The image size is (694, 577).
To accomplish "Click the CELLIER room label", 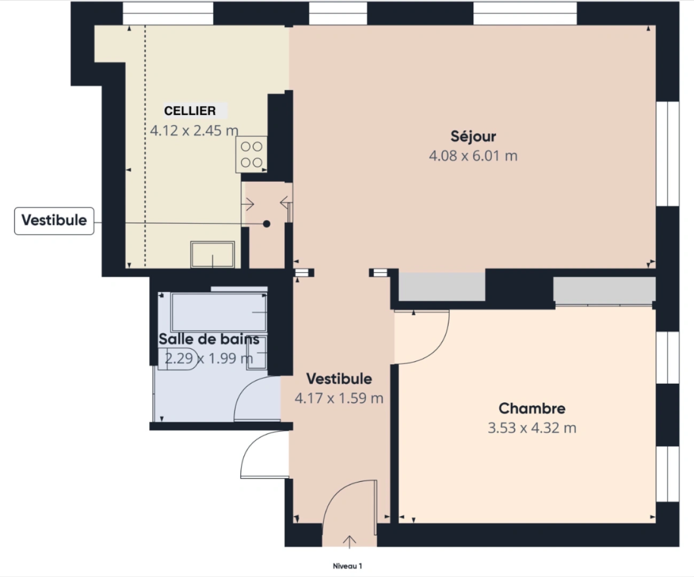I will tap(190, 111).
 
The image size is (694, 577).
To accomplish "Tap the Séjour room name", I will tap(473, 137).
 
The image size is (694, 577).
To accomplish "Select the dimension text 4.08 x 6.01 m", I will tap(473, 156).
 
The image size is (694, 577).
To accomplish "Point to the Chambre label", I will tap(532, 409).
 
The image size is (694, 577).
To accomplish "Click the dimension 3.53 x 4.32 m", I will tap(532, 428).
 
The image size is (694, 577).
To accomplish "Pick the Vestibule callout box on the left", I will tap(54, 221).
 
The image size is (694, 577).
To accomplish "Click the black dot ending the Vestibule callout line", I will tap(267, 224).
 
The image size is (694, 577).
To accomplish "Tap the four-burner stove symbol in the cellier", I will tap(251, 154).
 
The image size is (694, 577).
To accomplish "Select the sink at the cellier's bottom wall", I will tap(213, 254).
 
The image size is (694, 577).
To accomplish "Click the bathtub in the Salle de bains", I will tap(219, 311).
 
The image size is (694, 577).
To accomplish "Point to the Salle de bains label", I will tap(209, 339).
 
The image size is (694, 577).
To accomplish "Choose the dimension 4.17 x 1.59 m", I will tap(339, 399).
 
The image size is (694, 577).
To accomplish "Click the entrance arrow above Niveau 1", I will tap(349, 541).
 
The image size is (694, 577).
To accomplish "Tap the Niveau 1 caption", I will tap(347, 566).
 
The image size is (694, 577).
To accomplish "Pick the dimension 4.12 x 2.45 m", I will tap(194, 131).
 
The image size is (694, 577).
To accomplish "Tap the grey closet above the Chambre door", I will tap(442, 286).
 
